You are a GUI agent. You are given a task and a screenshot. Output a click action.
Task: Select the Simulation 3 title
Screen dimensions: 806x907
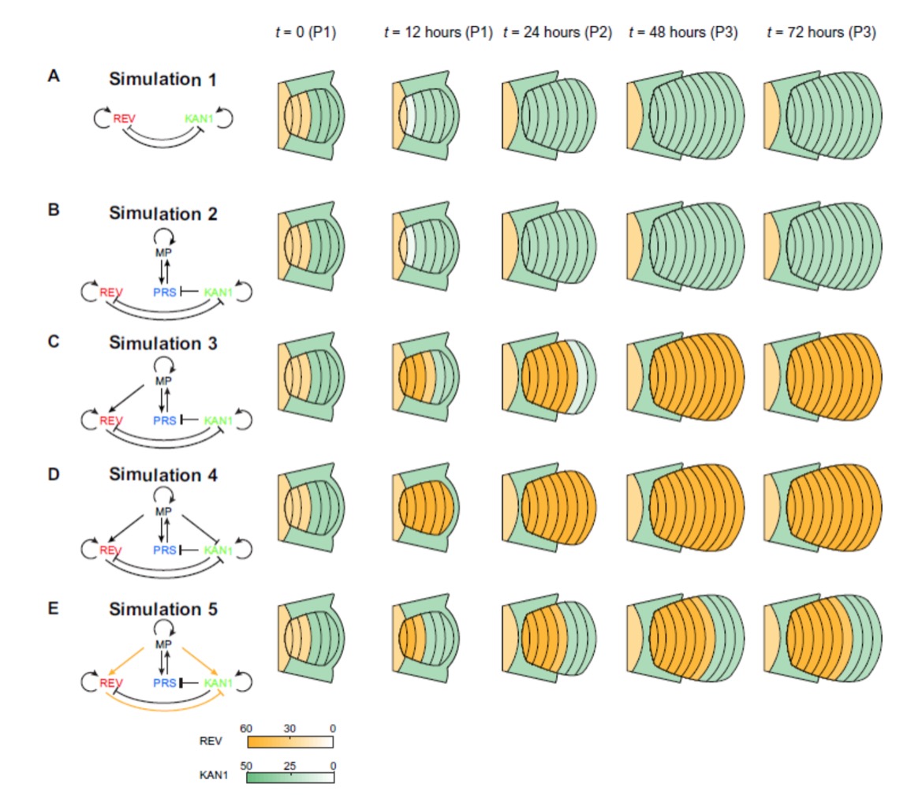(x=164, y=344)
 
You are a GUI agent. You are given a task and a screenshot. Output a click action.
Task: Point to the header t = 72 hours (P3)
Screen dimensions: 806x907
(x=820, y=33)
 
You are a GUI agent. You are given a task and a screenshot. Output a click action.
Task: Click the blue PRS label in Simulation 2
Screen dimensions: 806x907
(x=164, y=293)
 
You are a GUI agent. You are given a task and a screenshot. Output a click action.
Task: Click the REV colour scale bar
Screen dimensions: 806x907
(x=290, y=741)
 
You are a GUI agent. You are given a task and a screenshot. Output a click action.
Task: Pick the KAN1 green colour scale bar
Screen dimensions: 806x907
(x=290, y=778)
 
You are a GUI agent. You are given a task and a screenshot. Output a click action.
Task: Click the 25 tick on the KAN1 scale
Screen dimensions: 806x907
(x=290, y=764)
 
